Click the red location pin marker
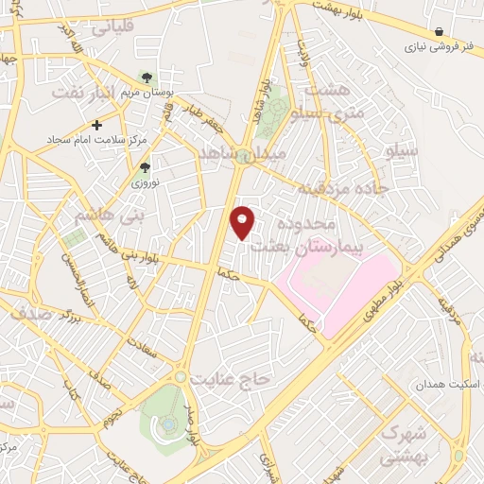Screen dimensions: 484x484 point(244,221)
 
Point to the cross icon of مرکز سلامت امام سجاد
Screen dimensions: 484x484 point(97,125)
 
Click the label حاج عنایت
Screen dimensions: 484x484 point(231,378)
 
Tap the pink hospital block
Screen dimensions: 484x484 point(340,284)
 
